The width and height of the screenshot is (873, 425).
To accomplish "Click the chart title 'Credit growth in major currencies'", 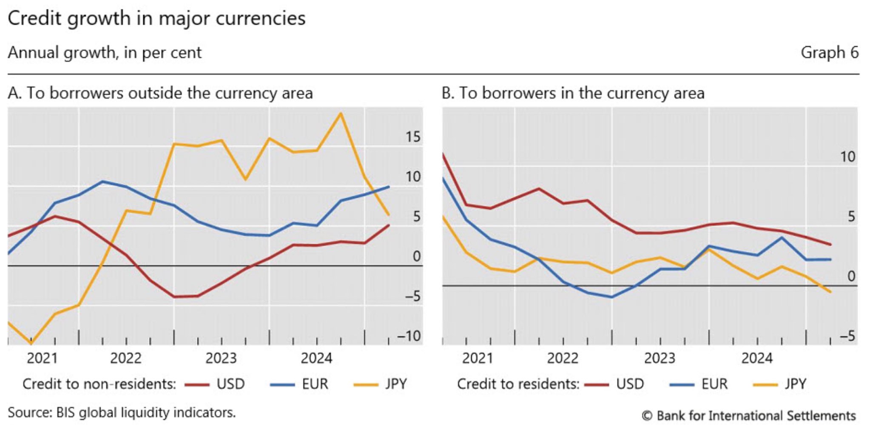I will click(x=156, y=19).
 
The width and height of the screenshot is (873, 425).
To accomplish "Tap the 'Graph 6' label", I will click(x=829, y=53).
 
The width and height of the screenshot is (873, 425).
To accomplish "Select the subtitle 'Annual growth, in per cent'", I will click(x=105, y=53).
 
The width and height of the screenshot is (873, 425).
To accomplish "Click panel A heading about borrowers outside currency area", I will click(x=160, y=93).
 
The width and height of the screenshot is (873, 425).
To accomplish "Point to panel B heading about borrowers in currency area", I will click(x=573, y=93).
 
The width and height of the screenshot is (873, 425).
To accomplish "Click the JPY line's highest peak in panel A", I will click(x=340, y=113).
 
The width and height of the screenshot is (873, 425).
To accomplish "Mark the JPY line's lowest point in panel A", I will click(x=31, y=343).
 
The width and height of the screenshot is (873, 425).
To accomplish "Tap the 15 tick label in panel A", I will click(x=412, y=137).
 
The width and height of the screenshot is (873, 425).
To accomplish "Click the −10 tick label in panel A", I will click(x=409, y=336).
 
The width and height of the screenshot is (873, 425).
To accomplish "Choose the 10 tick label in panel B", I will click(x=847, y=157).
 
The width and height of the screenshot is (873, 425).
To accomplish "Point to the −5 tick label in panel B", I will click(x=847, y=337).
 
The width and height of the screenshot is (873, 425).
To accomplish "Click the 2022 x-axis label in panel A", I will click(x=125, y=358).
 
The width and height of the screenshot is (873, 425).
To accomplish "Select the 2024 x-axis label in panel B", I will click(x=757, y=358).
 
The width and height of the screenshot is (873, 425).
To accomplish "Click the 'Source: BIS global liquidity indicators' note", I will click(x=122, y=413).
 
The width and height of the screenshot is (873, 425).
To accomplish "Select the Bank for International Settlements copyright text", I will click(x=748, y=416).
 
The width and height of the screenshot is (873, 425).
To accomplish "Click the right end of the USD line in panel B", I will click(x=830, y=245).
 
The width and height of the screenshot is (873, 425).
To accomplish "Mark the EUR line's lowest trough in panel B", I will click(x=611, y=297).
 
